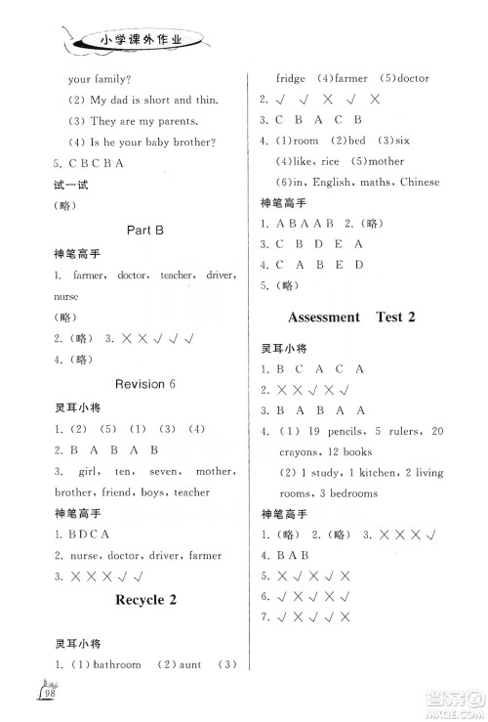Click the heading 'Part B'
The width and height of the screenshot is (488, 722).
(145, 231)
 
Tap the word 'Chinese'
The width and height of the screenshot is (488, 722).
(421, 182)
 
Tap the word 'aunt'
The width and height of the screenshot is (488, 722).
(190, 664)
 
